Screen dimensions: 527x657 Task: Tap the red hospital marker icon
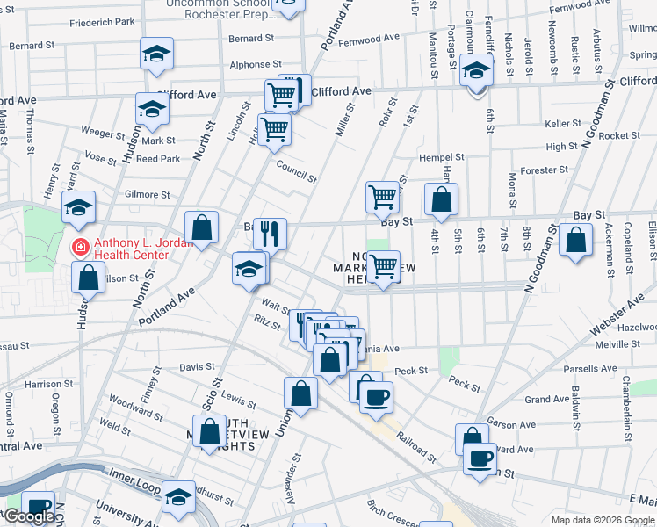coord(81,248)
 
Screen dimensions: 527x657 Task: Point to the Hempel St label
coord(441,157)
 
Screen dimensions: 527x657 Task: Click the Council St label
coord(296,171)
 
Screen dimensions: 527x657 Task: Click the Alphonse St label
coord(256,64)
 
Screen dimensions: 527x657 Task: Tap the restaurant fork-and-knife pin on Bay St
coord(271,234)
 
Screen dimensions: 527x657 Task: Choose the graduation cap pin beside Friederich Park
coord(156,54)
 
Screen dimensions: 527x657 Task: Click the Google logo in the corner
coord(29,516)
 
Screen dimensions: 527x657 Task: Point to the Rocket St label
coord(620,136)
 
